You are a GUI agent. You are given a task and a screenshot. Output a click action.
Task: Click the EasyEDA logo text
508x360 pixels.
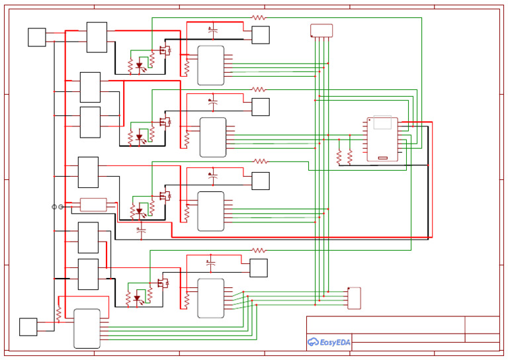click(x=335, y=342)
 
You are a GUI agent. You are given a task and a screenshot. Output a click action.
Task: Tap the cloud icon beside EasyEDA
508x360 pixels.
click(x=313, y=342)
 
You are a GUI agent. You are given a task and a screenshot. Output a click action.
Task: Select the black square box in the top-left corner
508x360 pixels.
click(x=37, y=37)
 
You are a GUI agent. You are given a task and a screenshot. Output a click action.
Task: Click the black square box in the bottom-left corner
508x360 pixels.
click(x=28, y=327)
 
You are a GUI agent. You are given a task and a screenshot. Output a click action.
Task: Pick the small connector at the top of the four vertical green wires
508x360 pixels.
click(x=321, y=30)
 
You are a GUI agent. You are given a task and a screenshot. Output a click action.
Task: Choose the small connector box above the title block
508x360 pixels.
click(x=355, y=298)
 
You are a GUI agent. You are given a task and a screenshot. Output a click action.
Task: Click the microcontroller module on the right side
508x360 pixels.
click(x=383, y=138)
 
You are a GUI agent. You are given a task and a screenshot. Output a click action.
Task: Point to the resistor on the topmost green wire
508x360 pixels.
click(x=259, y=18)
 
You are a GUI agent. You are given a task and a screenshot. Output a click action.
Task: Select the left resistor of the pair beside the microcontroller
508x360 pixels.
click(x=339, y=157)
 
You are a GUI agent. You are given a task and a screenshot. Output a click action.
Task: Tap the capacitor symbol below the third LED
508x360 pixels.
click(x=140, y=231)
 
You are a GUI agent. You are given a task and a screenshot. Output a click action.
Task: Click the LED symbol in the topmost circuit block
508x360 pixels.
click(x=139, y=66)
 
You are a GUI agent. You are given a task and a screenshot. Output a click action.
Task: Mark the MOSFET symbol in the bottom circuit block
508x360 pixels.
click(x=162, y=283)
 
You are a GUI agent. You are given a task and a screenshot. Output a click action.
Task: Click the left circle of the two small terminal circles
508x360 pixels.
click(x=54, y=207)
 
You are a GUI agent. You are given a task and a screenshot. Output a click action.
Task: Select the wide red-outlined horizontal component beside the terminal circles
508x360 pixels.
click(x=93, y=204)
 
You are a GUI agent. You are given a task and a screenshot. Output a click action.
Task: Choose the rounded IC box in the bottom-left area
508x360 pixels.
click(x=87, y=328)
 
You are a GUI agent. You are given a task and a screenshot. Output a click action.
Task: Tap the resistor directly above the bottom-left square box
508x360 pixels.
click(x=59, y=312)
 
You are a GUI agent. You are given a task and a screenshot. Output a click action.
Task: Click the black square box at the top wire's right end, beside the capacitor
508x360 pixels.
click(x=261, y=35)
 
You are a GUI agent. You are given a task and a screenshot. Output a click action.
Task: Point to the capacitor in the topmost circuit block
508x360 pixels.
click(x=212, y=30)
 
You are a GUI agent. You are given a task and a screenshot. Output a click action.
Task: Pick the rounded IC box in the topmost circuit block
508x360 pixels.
click(x=210, y=65)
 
